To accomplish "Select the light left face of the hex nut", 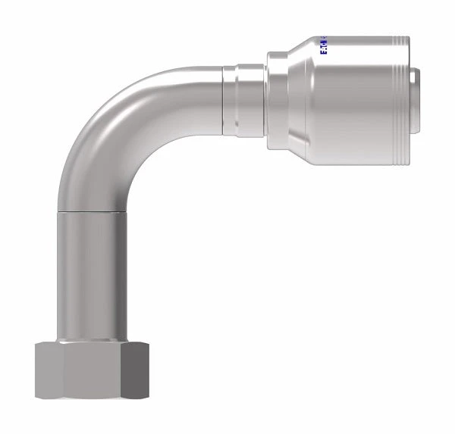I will tap(48, 370).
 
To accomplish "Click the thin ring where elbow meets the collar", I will tap(226, 95).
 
